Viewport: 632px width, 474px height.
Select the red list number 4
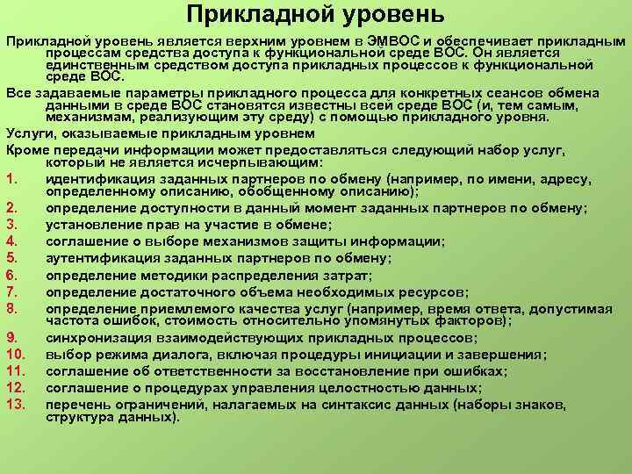(11, 241)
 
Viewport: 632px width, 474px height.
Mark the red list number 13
(15, 404)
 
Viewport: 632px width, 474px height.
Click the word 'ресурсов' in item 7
(432, 292)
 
